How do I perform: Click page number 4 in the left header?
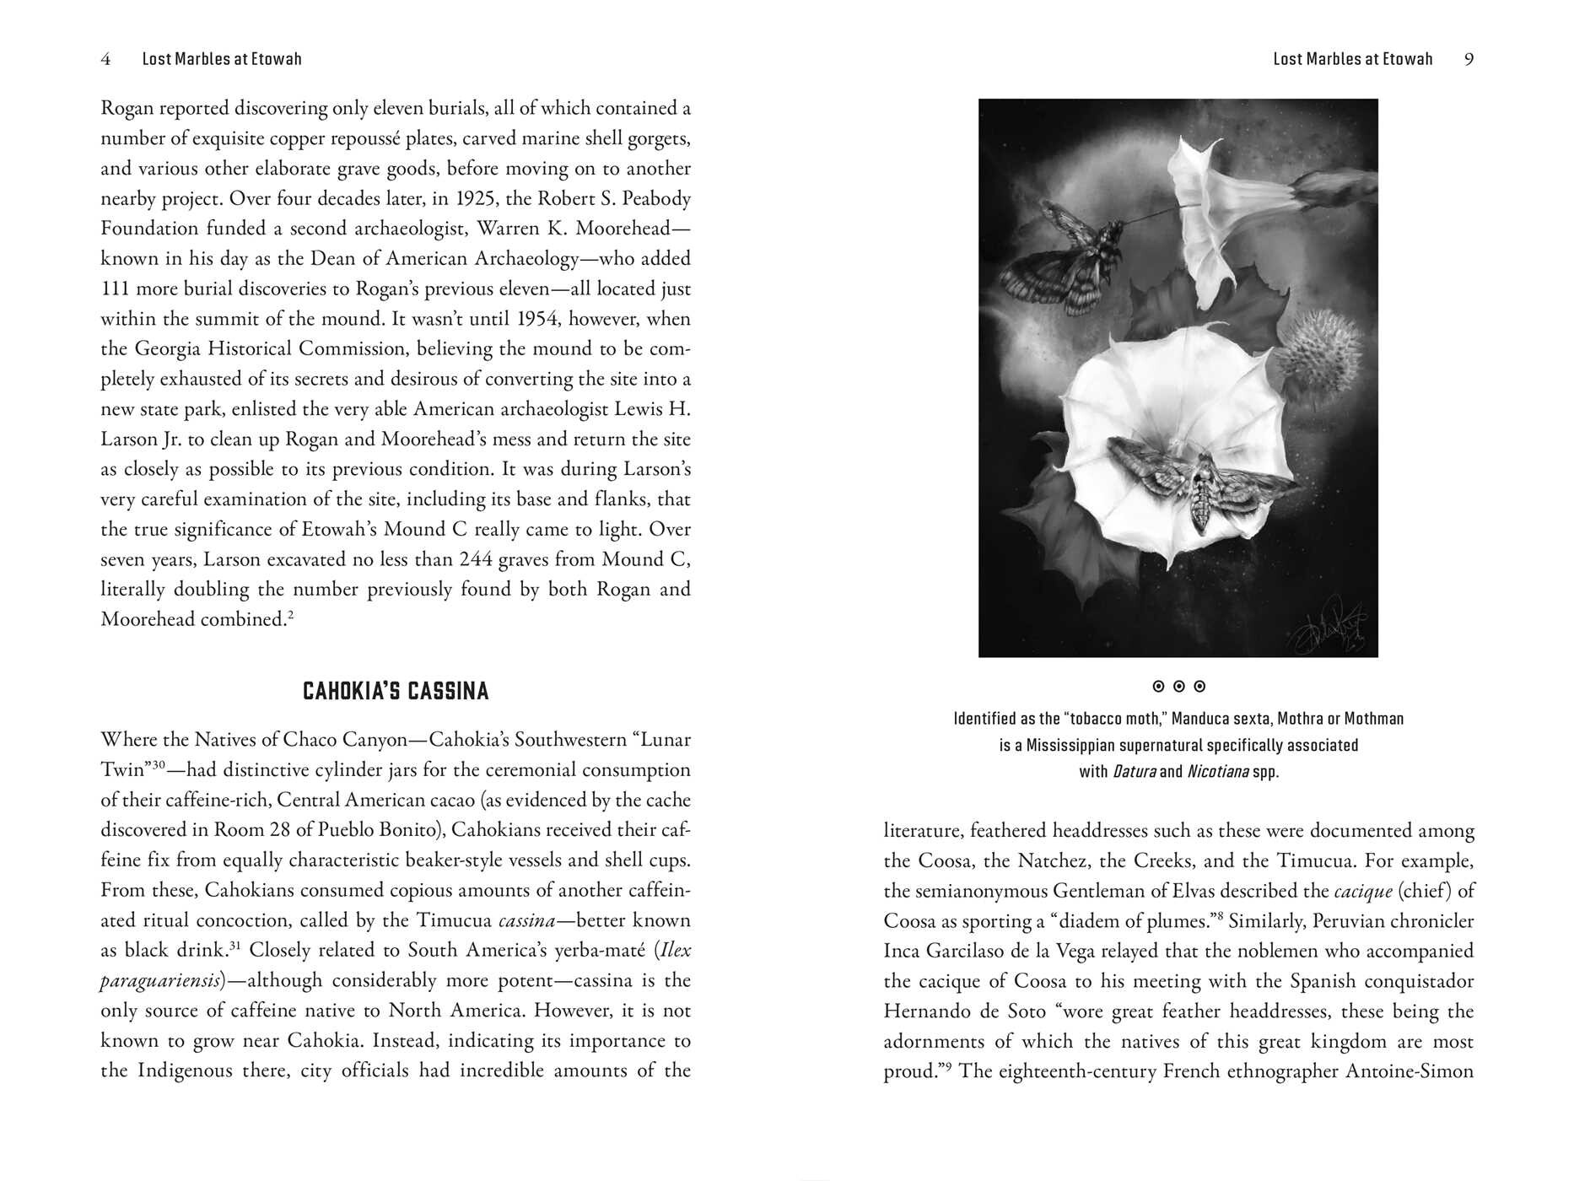click(105, 59)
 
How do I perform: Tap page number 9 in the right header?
click(1469, 59)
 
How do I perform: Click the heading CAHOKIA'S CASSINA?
click(396, 692)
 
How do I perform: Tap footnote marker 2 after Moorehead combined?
click(290, 614)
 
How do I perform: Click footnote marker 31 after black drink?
click(235, 946)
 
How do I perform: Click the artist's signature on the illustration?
click(1330, 625)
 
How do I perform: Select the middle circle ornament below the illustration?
click(1178, 687)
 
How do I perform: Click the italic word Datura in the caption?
click(1135, 772)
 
